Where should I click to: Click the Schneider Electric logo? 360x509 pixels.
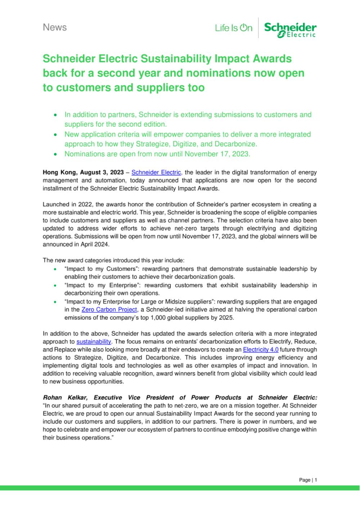point(290,29)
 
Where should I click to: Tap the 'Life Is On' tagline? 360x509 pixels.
point(234,28)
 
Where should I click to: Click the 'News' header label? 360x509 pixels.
point(55,27)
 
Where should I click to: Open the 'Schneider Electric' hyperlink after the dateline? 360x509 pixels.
point(157,173)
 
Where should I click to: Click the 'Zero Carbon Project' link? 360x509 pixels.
point(109,309)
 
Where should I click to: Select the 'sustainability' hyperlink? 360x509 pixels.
point(94,341)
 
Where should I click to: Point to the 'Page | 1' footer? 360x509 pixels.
point(308,480)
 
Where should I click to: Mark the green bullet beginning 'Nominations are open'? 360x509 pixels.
point(157,154)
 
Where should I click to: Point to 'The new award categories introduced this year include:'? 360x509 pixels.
point(114,260)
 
